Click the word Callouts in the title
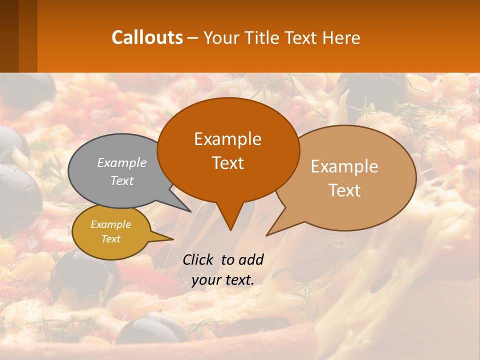[147, 37]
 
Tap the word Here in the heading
[341, 37]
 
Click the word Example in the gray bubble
[122, 162]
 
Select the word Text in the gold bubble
[110, 239]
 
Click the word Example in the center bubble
[227, 138]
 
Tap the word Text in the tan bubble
[344, 190]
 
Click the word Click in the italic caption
[198, 259]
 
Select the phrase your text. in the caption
[223, 280]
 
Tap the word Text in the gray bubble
[121, 181]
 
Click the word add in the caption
[250, 259]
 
